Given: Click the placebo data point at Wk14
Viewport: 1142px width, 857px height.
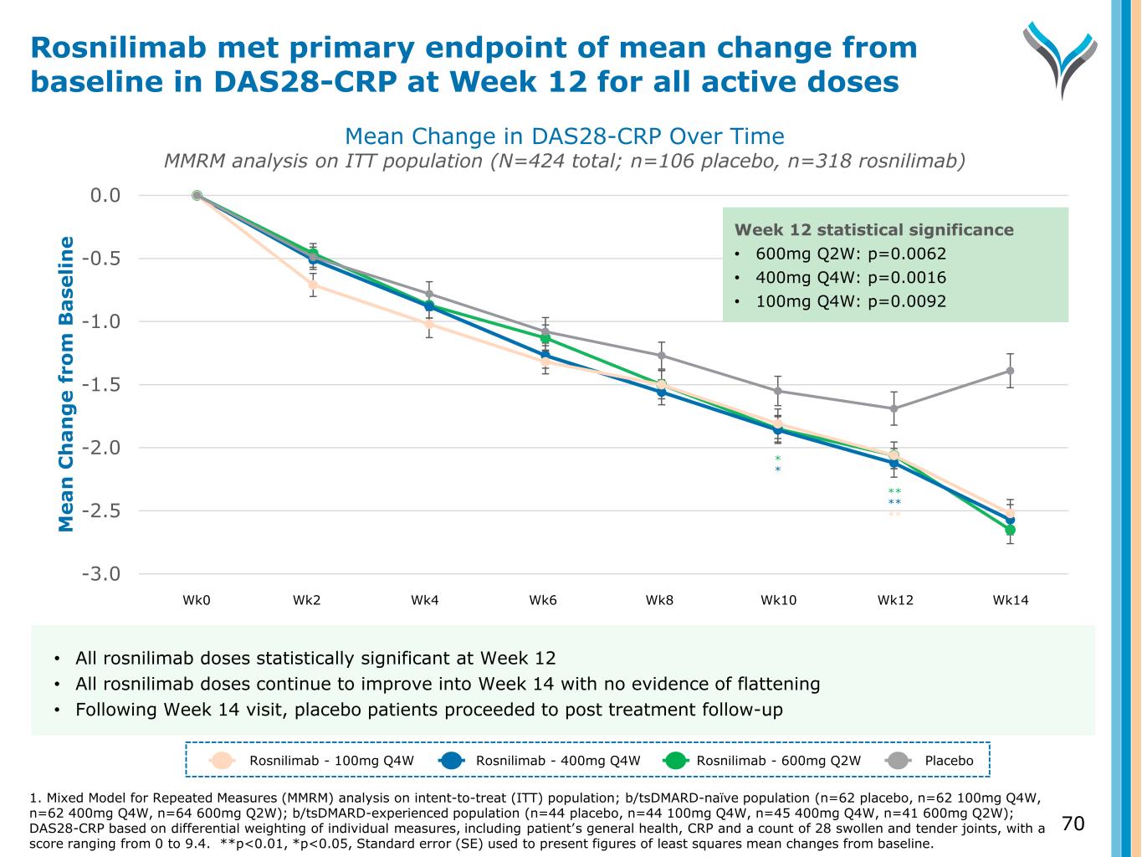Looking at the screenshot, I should [x=1010, y=371].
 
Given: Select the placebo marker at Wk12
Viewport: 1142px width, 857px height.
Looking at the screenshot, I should [x=894, y=409].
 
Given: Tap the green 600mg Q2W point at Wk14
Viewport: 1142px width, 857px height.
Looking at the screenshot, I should [x=1010, y=530].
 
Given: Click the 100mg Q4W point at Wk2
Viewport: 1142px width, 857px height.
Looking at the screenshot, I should [x=312, y=285].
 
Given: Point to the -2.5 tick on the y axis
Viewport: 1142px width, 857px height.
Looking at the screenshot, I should [x=101, y=511].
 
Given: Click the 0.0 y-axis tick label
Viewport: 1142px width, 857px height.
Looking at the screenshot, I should [x=105, y=196].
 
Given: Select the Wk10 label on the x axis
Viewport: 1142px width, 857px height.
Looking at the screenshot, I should [x=778, y=600].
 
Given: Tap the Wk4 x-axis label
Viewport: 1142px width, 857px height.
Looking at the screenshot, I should [x=424, y=600].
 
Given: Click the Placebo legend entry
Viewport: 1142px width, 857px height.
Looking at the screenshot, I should [x=949, y=761].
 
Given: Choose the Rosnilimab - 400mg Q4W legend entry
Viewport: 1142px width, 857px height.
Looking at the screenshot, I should [x=557, y=761].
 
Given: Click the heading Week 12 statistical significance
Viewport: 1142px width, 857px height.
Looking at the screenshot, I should [x=873, y=230].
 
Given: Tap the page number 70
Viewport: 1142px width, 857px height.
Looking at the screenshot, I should [x=1073, y=824].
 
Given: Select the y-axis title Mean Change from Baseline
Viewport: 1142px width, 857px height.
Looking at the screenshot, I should [x=67, y=383].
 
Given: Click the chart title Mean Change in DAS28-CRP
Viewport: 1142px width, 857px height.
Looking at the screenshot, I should [x=564, y=136].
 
